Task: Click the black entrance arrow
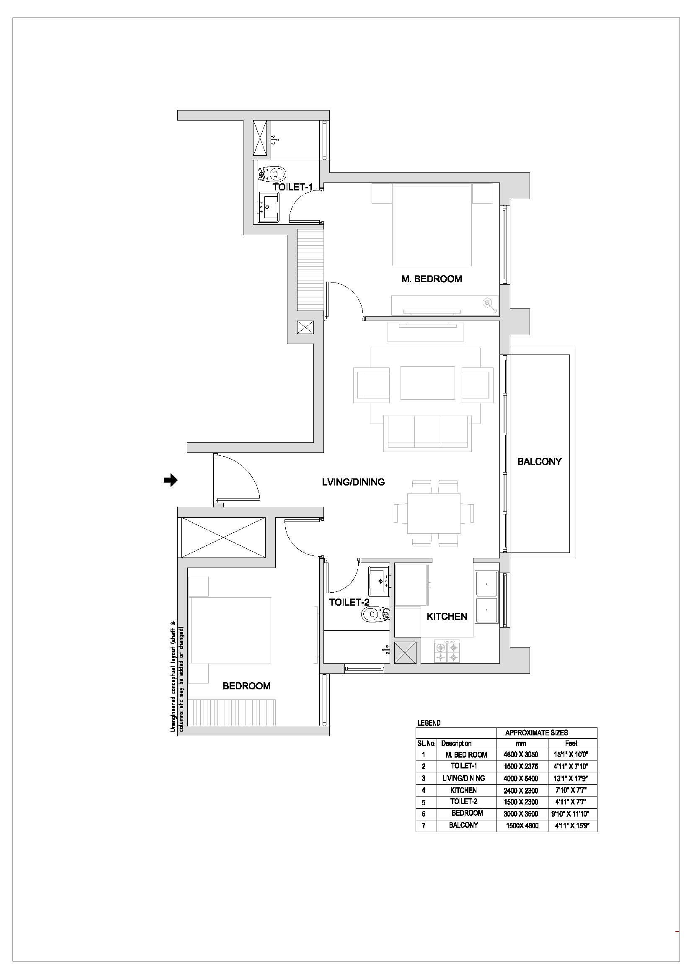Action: (x=171, y=480)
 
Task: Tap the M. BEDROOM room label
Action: (x=432, y=279)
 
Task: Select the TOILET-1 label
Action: (x=293, y=187)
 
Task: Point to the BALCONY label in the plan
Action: (x=539, y=461)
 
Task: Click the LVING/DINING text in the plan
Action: (x=353, y=482)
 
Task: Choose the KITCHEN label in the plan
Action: (x=447, y=616)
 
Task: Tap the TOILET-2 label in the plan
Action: (x=349, y=602)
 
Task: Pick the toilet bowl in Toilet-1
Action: (x=273, y=174)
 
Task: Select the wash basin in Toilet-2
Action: (x=379, y=581)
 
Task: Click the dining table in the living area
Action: (x=434, y=514)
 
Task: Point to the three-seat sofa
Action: (x=428, y=433)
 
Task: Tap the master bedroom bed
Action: (x=432, y=225)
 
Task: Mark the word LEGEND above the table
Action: (x=429, y=723)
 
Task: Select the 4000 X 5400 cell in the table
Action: (x=521, y=778)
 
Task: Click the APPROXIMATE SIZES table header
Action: (x=536, y=733)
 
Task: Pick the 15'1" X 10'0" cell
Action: (x=571, y=755)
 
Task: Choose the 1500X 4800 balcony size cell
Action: (x=522, y=825)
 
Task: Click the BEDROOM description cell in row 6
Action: (x=467, y=813)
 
